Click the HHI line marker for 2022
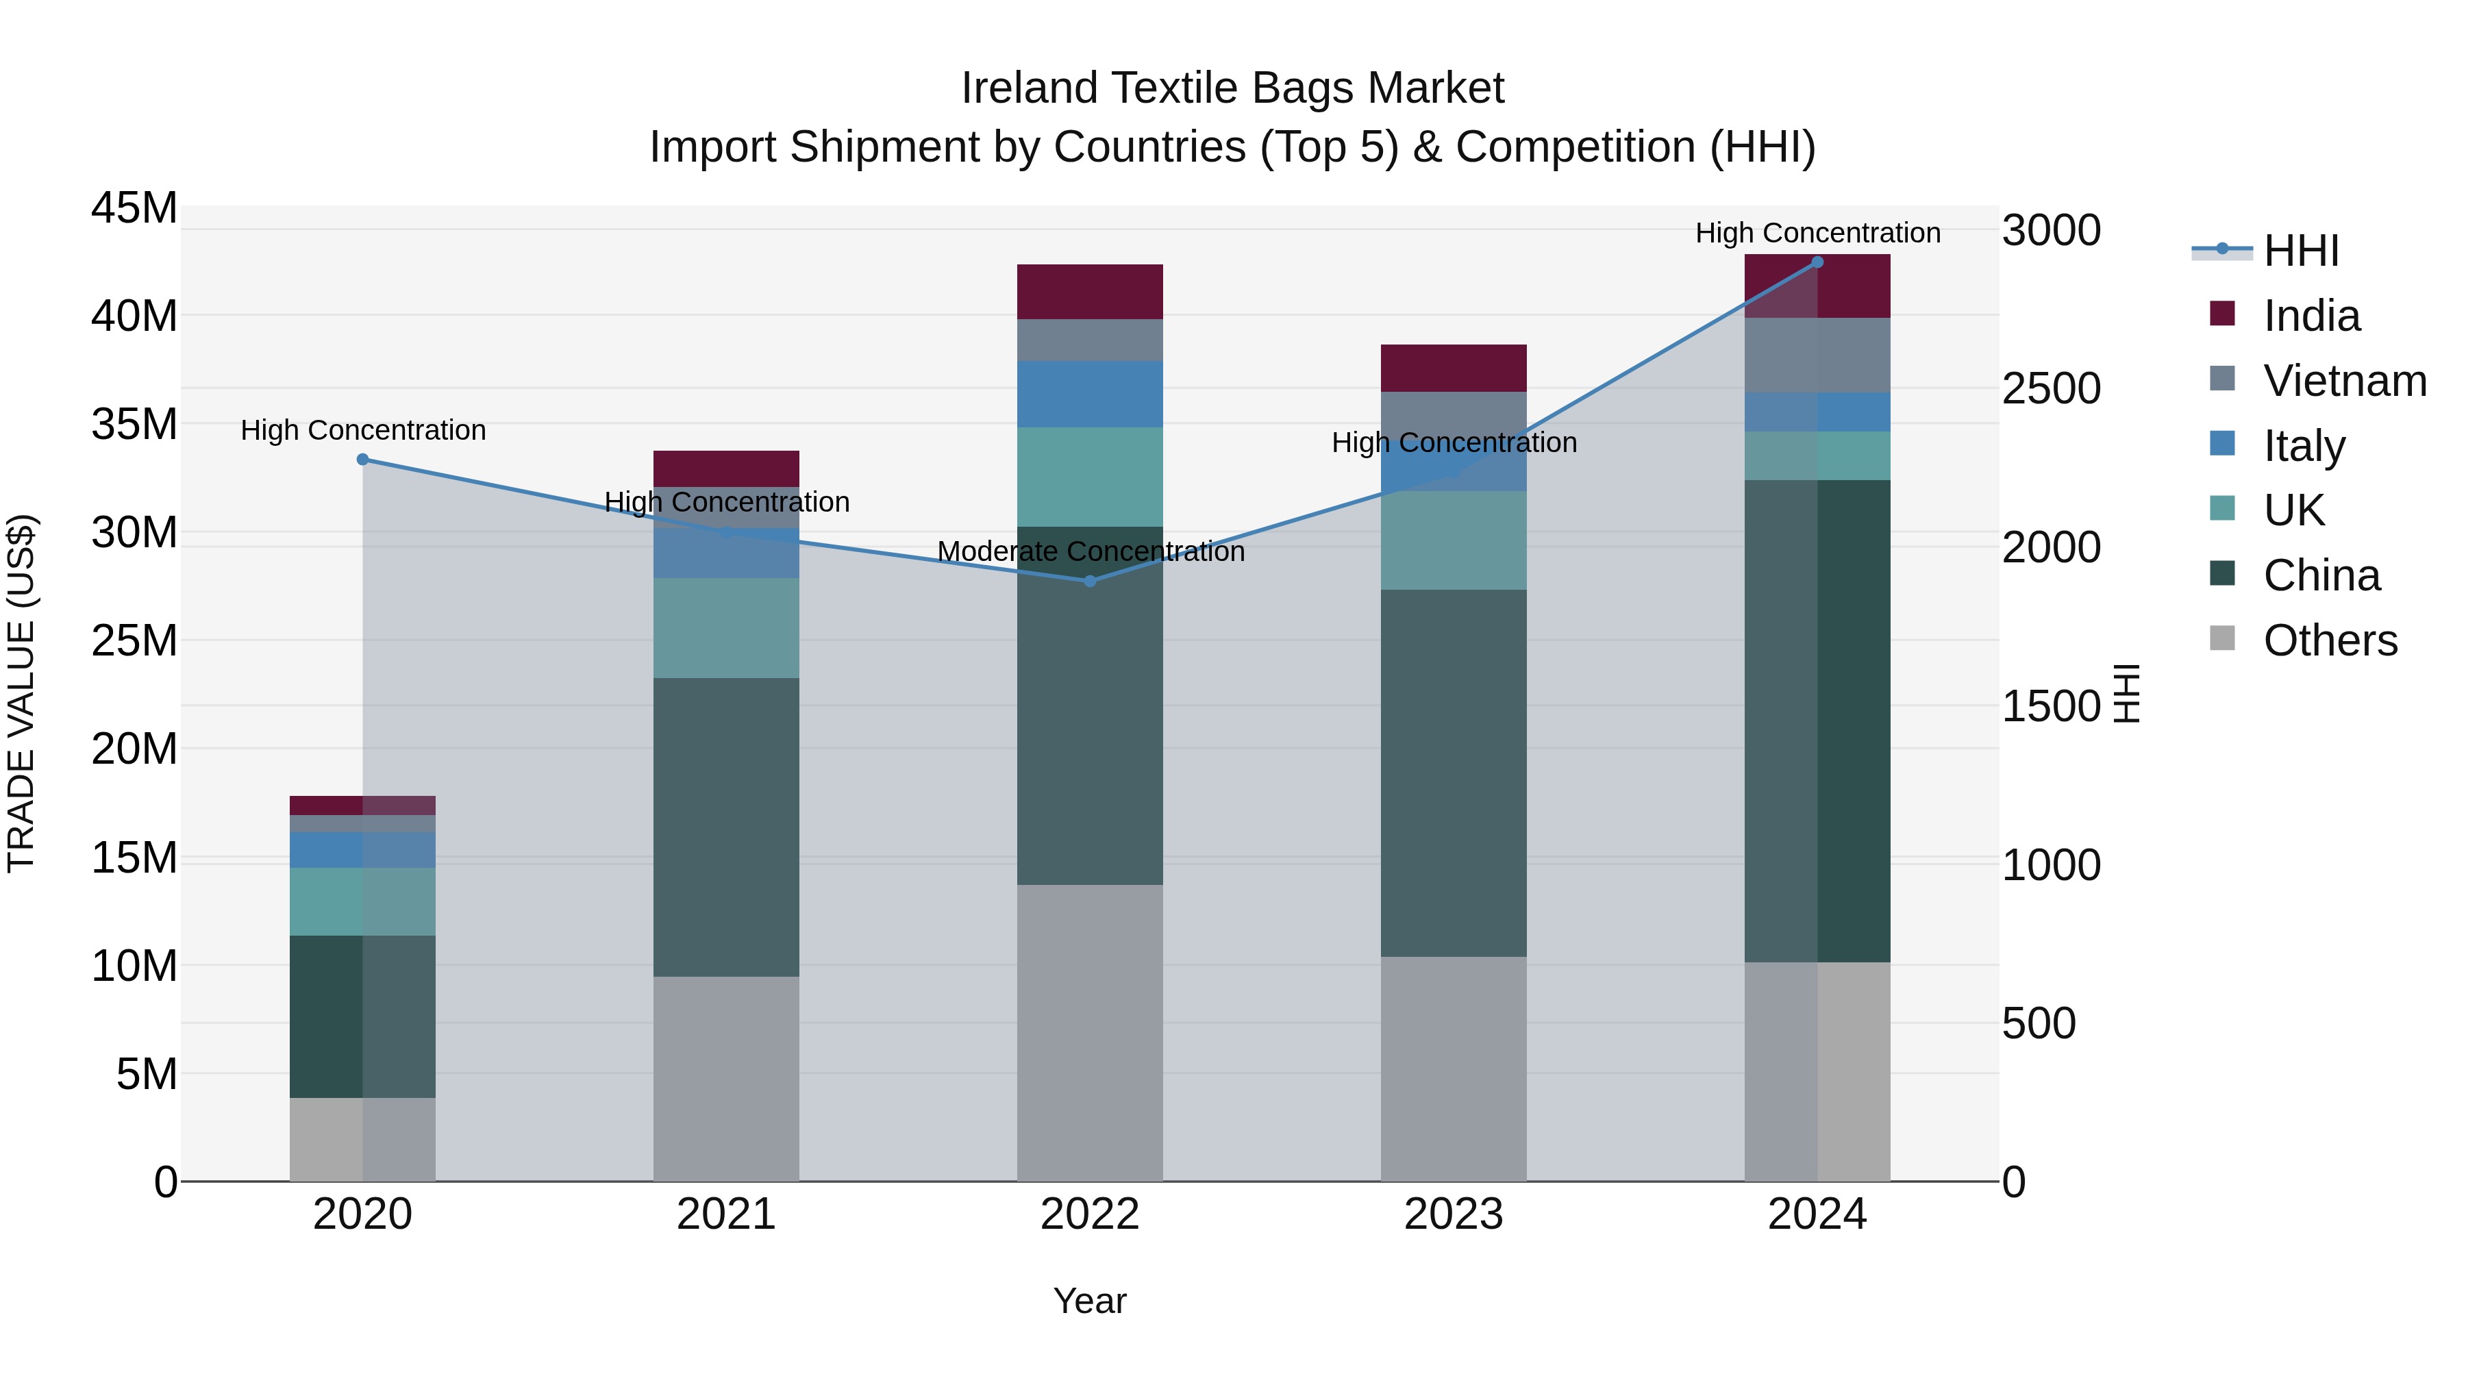(1089, 581)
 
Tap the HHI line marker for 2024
(1817, 262)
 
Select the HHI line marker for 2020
(363, 460)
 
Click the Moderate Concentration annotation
(1091, 552)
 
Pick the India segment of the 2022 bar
(1089, 292)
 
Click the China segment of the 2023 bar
(1453, 773)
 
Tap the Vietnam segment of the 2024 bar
(1817, 355)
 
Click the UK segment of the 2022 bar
(1089, 477)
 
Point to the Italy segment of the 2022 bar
(1089, 395)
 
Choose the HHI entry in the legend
(2300, 251)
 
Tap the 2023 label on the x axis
(1453, 1214)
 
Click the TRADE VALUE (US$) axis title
(22, 693)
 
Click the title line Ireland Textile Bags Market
(1232, 88)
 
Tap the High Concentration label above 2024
(1817, 234)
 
